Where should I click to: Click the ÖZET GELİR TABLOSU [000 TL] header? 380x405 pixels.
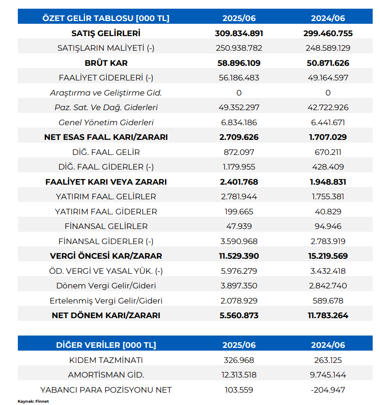point(106,18)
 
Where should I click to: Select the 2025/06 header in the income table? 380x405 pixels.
point(239,18)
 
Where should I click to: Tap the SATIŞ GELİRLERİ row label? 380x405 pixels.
point(106,33)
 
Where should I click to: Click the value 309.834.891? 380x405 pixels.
point(239,33)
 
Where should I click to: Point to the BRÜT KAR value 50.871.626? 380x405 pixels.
point(328,63)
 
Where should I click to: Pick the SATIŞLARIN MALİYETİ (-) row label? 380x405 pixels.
point(106,48)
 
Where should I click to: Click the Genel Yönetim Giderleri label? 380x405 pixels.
point(106,123)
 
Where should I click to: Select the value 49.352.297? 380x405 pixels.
point(239,107)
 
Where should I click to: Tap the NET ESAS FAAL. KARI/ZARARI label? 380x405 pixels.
point(106,137)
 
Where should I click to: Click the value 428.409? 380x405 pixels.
point(328,167)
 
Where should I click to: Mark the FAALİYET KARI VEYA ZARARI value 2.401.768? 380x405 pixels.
point(239,182)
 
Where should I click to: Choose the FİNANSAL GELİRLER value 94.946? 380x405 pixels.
point(328,226)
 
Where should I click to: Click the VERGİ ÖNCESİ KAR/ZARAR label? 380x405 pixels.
point(106,256)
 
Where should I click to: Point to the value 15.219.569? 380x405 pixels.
point(328,256)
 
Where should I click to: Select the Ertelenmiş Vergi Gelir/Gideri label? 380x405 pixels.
point(106,301)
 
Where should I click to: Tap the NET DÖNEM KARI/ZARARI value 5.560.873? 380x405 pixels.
point(239,315)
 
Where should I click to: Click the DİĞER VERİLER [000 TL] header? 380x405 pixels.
point(106,345)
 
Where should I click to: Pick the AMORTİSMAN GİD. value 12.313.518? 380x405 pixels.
point(239,375)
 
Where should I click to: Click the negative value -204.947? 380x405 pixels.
point(328,390)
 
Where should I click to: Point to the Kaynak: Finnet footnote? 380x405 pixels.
point(33,401)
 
